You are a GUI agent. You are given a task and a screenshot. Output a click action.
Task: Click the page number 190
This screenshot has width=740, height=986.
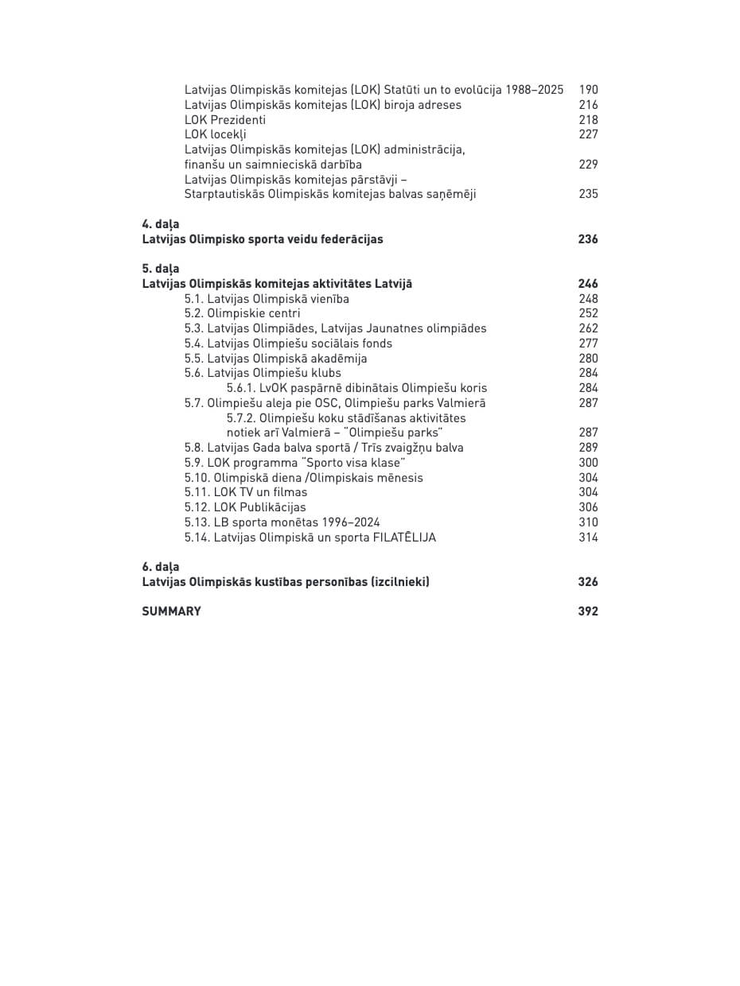coord(588,90)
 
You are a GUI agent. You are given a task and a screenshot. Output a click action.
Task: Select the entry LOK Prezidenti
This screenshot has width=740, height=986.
coord(225,120)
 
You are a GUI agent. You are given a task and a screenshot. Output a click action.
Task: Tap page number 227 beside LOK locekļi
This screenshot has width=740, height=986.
coord(588,134)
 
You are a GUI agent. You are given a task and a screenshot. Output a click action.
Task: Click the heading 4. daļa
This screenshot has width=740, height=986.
coord(161,224)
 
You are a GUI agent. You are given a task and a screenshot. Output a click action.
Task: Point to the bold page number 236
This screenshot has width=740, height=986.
coord(588,239)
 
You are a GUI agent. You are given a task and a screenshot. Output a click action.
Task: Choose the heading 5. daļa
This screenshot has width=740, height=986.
coord(161,269)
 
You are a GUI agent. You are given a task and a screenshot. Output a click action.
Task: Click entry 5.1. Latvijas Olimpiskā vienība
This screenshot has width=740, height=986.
coord(267,299)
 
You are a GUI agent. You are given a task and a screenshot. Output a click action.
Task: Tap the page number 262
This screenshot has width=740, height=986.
coord(588,328)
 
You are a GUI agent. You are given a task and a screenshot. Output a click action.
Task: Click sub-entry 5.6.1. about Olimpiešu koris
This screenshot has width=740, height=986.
coord(356,388)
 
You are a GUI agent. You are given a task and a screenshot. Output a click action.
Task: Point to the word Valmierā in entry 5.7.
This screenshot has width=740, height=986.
coord(462,403)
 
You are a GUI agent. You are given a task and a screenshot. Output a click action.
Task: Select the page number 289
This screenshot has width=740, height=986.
coord(588,448)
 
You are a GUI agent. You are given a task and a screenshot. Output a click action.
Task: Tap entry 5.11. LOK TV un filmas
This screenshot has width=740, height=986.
coord(246,492)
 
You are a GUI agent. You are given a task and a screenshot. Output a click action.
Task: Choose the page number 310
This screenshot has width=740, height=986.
coord(588,522)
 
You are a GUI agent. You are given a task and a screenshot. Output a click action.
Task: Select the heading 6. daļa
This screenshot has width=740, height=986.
coord(161,567)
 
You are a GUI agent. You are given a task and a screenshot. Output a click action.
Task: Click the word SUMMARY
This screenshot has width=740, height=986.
coord(171,611)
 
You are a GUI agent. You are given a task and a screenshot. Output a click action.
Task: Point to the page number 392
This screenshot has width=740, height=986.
coord(588,611)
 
